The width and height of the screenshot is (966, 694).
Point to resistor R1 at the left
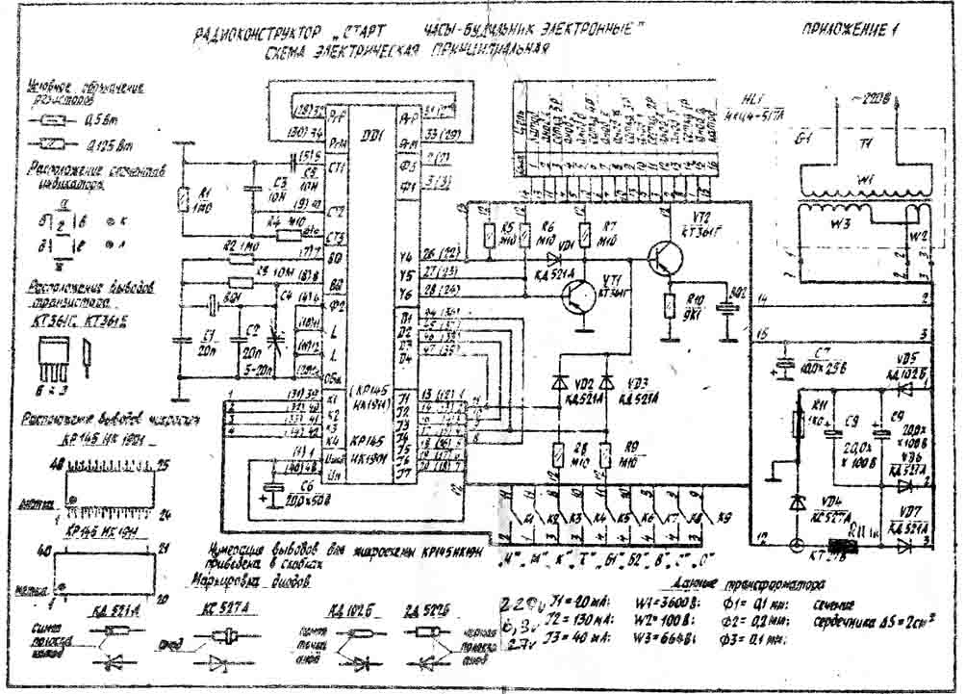click(182, 200)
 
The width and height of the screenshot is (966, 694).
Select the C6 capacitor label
click(280, 483)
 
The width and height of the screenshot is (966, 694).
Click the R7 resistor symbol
click(607, 235)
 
